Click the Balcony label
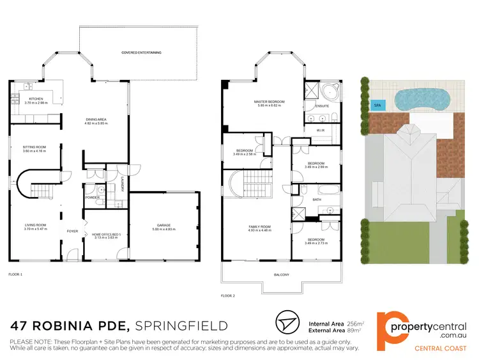click(x=282, y=275)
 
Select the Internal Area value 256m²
click(x=354, y=323)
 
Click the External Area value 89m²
click(x=353, y=331)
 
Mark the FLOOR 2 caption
click(x=228, y=296)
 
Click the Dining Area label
click(x=99, y=121)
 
